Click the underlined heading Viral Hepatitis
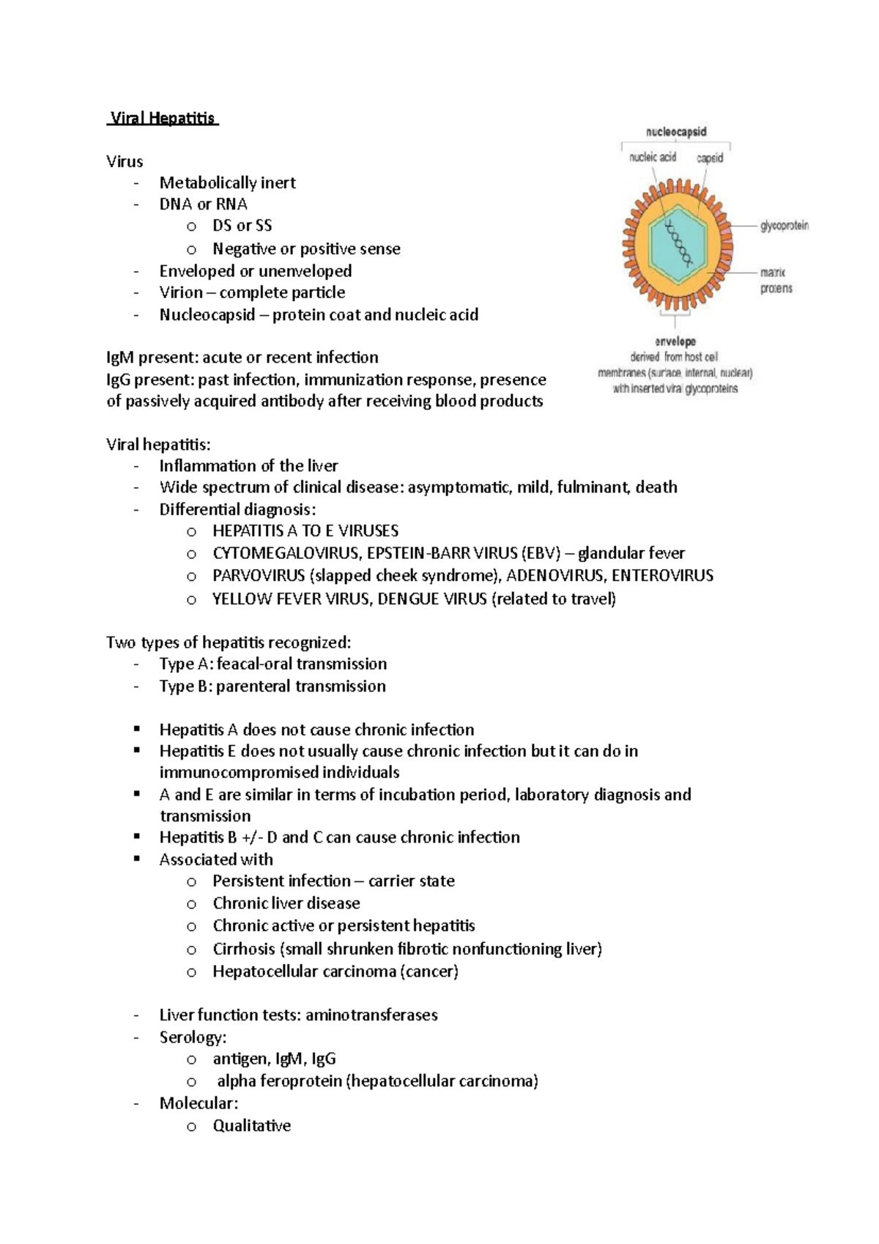point(163,118)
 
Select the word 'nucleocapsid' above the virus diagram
point(675,132)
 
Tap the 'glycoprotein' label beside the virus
point(785,226)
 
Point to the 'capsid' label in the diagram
point(709,158)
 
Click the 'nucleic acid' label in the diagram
point(653,158)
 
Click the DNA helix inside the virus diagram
point(678,242)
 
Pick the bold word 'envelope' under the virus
point(675,341)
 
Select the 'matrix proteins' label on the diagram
point(776,281)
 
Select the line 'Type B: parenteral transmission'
point(272,686)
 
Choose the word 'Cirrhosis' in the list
point(244,949)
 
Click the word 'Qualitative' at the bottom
point(251,1126)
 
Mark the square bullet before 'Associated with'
point(137,859)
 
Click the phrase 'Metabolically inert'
point(227,182)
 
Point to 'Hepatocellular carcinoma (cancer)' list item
point(335,972)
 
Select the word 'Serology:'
point(193,1037)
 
